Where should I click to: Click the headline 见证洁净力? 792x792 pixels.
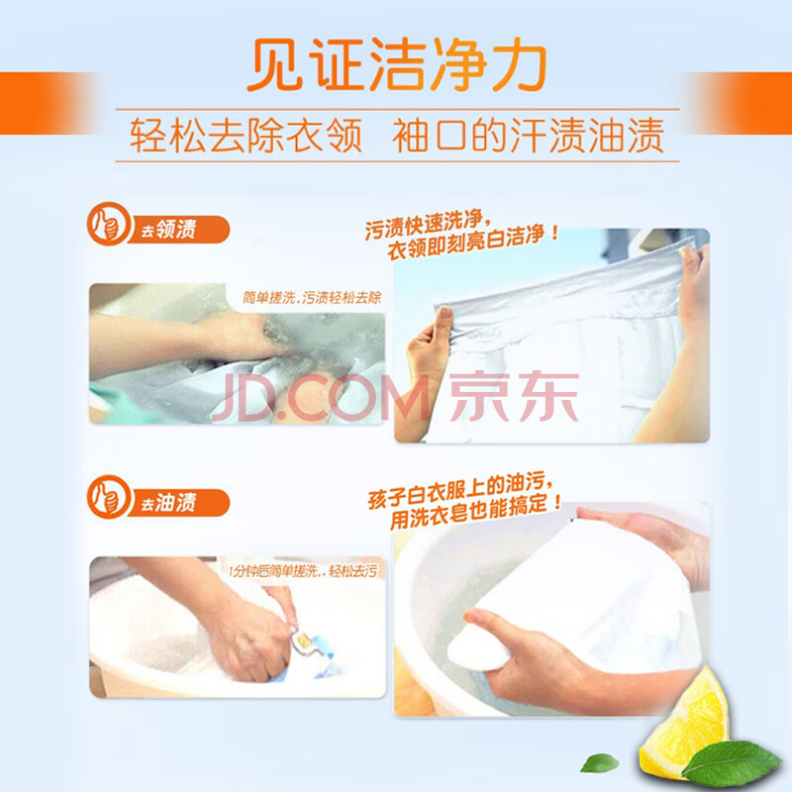pyautogui.click(x=397, y=64)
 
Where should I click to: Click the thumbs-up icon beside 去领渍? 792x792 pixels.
pyautogui.click(x=108, y=224)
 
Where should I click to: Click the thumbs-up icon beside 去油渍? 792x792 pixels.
pyautogui.click(x=108, y=497)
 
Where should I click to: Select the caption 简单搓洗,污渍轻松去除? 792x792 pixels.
pyautogui.click(x=312, y=298)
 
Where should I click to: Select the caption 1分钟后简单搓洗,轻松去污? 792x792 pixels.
pyautogui.click(x=303, y=571)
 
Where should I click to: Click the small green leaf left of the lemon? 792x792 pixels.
pyautogui.click(x=599, y=762)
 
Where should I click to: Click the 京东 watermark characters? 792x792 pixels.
pyautogui.click(x=514, y=397)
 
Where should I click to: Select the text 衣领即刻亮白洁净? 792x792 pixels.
pyautogui.click(x=473, y=243)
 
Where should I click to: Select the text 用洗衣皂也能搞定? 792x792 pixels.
pyautogui.click(x=476, y=511)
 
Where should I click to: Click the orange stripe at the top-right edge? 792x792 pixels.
pyautogui.click(x=740, y=103)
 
